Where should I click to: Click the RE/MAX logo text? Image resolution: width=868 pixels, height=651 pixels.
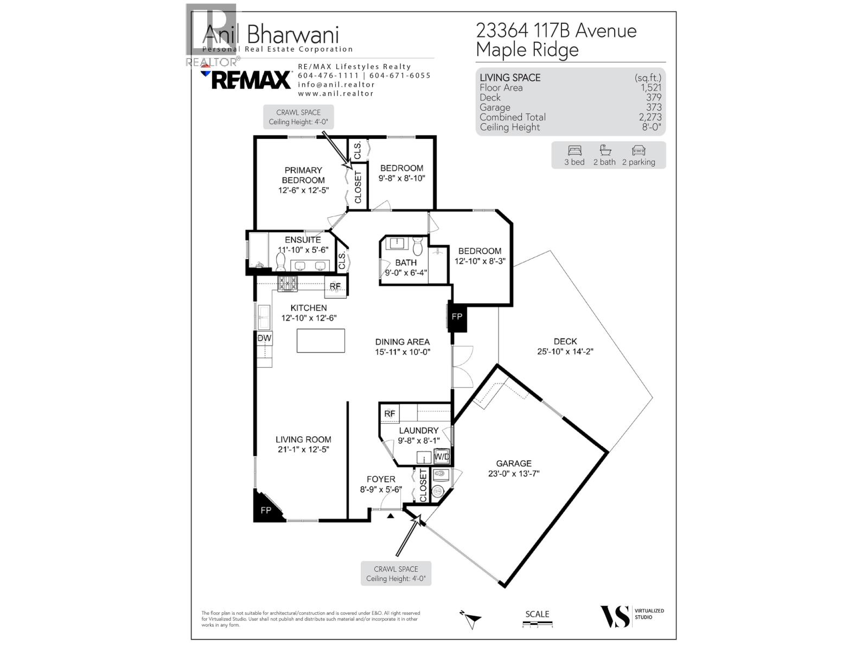tap(251, 80)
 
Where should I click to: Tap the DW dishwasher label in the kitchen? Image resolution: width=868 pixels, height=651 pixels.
tap(264, 339)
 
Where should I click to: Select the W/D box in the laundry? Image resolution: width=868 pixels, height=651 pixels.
tap(442, 457)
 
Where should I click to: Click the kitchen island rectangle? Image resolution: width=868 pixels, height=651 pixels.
tap(321, 341)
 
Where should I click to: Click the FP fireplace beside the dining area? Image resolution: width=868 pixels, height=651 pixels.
tap(457, 316)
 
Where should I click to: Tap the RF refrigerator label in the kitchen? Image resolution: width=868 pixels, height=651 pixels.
tap(335, 286)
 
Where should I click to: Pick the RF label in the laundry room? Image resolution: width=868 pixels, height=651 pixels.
tap(390, 414)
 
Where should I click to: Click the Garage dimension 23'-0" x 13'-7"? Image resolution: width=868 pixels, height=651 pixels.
tap(513, 474)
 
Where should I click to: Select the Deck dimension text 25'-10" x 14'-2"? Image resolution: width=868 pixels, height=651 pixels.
tap(565, 352)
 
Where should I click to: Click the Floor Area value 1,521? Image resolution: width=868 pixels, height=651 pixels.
tap(650, 88)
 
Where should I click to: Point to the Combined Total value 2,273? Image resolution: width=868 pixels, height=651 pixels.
tap(650, 117)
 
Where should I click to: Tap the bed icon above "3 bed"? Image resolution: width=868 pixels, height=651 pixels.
tap(575, 151)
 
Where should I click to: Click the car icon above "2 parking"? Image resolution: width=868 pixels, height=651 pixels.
tap(639, 151)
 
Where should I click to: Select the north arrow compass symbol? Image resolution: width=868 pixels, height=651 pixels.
tap(471, 618)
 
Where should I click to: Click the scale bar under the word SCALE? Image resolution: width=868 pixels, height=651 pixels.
tap(537, 626)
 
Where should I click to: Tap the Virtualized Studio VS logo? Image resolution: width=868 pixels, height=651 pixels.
tap(615, 617)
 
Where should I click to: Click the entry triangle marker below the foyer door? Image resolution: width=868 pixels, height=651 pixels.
tap(390, 516)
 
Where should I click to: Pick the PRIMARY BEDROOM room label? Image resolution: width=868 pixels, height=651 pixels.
tap(303, 175)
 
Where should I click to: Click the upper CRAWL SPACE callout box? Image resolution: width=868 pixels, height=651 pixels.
tap(298, 117)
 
